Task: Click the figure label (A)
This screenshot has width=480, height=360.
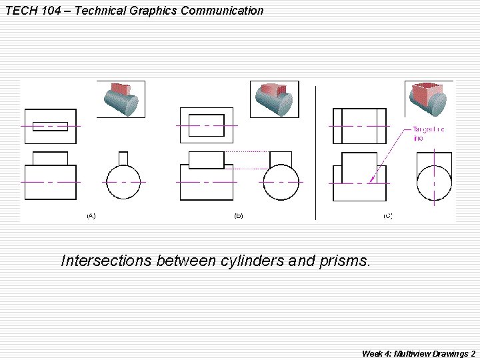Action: click(x=91, y=215)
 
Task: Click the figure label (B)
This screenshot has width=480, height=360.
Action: click(x=238, y=215)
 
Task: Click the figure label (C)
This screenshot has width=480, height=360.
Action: click(x=387, y=215)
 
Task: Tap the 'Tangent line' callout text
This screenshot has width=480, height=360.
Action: click(x=428, y=133)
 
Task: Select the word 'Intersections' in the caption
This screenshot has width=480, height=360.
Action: click(x=106, y=261)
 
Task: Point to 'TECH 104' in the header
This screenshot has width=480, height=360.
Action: click(x=29, y=11)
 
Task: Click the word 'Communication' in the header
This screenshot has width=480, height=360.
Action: click(x=226, y=11)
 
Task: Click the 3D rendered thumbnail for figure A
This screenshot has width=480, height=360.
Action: click(x=121, y=99)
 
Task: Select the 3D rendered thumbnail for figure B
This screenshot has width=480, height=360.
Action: click(x=274, y=99)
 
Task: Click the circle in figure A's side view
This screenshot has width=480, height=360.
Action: click(x=123, y=182)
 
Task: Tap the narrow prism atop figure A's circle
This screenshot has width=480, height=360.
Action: click(x=123, y=157)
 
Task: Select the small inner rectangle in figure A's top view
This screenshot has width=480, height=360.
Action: click(x=50, y=126)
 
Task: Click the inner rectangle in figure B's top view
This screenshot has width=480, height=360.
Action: click(x=207, y=125)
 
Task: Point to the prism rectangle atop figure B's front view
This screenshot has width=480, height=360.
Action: click(x=207, y=160)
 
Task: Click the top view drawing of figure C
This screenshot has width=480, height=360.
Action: click(x=359, y=125)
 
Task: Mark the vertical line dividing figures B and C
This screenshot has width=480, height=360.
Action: click(x=315, y=152)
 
